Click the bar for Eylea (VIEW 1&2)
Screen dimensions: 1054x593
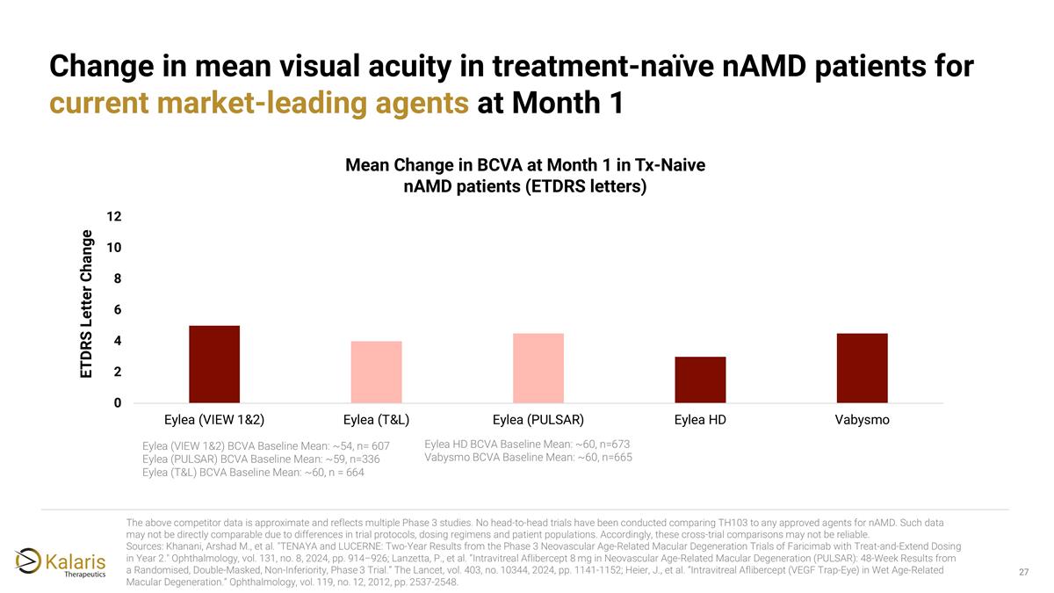click(214, 364)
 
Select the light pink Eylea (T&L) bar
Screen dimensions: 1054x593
click(377, 372)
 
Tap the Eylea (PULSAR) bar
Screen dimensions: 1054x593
click(538, 368)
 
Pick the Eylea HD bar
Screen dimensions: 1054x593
click(700, 380)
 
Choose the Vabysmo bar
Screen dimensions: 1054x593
click(862, 368)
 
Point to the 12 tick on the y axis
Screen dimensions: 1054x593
click(114, 216)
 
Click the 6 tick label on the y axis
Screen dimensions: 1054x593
click(117, 309)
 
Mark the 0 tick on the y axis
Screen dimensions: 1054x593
click(117, 403)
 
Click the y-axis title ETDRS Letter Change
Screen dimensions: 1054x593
click(87, 304)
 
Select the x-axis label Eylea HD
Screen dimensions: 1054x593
click(700, 420)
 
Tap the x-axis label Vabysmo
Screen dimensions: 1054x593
click(862, 420)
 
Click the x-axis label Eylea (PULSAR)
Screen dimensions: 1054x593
click(538, 420)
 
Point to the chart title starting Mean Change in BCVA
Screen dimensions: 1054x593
click(525, 176)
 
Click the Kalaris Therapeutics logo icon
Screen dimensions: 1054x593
click(28, 560)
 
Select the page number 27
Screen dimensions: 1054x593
click(1024, 572)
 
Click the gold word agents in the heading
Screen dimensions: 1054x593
click(422, 103)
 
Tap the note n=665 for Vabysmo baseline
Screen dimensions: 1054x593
click(617, 458)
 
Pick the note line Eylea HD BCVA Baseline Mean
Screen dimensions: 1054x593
click(527, 445)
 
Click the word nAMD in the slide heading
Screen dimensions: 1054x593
click(764, 67)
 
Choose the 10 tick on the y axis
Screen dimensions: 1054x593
click(114, 248)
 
